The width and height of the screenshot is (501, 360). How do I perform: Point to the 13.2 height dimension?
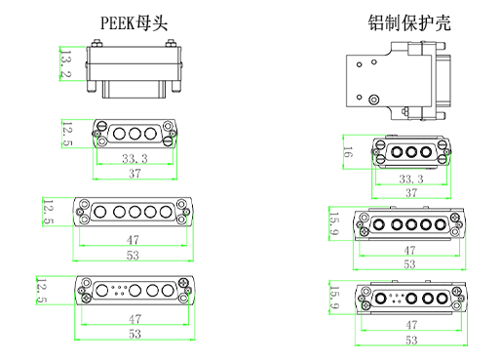tap(66, 63)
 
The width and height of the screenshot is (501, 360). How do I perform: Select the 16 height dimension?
tap(348, 153)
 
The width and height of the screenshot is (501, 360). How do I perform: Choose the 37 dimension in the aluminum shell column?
tap(411, 194)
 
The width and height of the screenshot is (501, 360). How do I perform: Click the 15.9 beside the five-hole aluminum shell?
tap(333, 224)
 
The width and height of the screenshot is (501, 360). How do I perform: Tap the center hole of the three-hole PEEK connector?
tap(134, 132)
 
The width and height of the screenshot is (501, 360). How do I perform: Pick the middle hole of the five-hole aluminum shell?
tap(410, 225)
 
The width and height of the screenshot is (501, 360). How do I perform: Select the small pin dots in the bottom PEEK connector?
tap(113, 289)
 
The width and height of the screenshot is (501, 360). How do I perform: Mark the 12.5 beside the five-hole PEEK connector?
tap(48, 211)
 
